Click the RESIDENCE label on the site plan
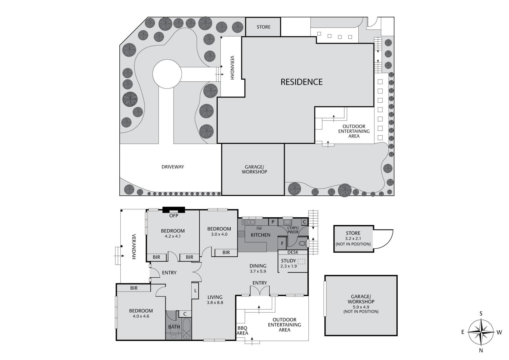pyautogui.click(x=301, y=82)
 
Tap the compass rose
pyautogui.click(x=481, y=332)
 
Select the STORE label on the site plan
pyautogui.click(x=264, y=27)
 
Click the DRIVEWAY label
pyautogui.click(x=173, y=167)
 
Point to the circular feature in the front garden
pyautogui.click(x=167, y=74)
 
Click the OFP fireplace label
pyautogui.click(x=174, y=216)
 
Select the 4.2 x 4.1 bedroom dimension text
pyautogui.click(x=173, y=236)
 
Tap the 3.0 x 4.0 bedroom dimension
pyautogui.click(x=219, y=234)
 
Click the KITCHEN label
pyautogui.click(x=260, y=235)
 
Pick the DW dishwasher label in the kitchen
pyautogui.click(x=259, y=228)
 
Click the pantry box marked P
pyautogui.click(x=273, y=222)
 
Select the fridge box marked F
pyautogui.click(x=282, y=243)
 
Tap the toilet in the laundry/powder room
pyautogui.click(x=302, y=243)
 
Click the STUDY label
pyautogui.click(x=288, y=261)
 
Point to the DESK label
pyautogui.click(x=293, y=252)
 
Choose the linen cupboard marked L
pyautogui.click(x=195, y=291)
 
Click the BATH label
pyautogui.click(x=174, y=327)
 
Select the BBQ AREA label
pyautogui.click(x=243, y=331)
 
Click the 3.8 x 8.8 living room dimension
pyautogui.click(x=215, y=303)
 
